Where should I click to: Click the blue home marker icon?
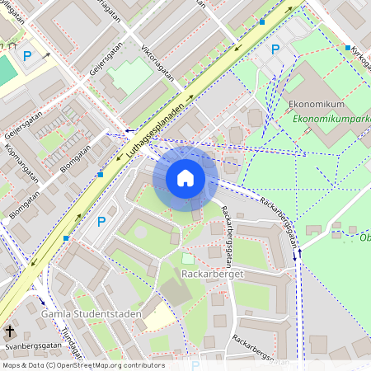pyautogui.click(x=185, y=177)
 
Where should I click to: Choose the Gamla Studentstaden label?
pyautogui.click(x=90, y=314)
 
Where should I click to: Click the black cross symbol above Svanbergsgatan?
pyautogui.click(x=10, y=331)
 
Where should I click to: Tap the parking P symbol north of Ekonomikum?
pyautogui.click(x=275, y=50)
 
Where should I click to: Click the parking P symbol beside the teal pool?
pyautogui.click(x=27, y=56)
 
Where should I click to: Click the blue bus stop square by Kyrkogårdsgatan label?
pyautogui.click(x=348, y=49)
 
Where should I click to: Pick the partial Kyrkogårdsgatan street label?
pyautogui.click(x=360, y=56)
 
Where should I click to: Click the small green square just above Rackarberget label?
pyautogui.click(x=187, y=259)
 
